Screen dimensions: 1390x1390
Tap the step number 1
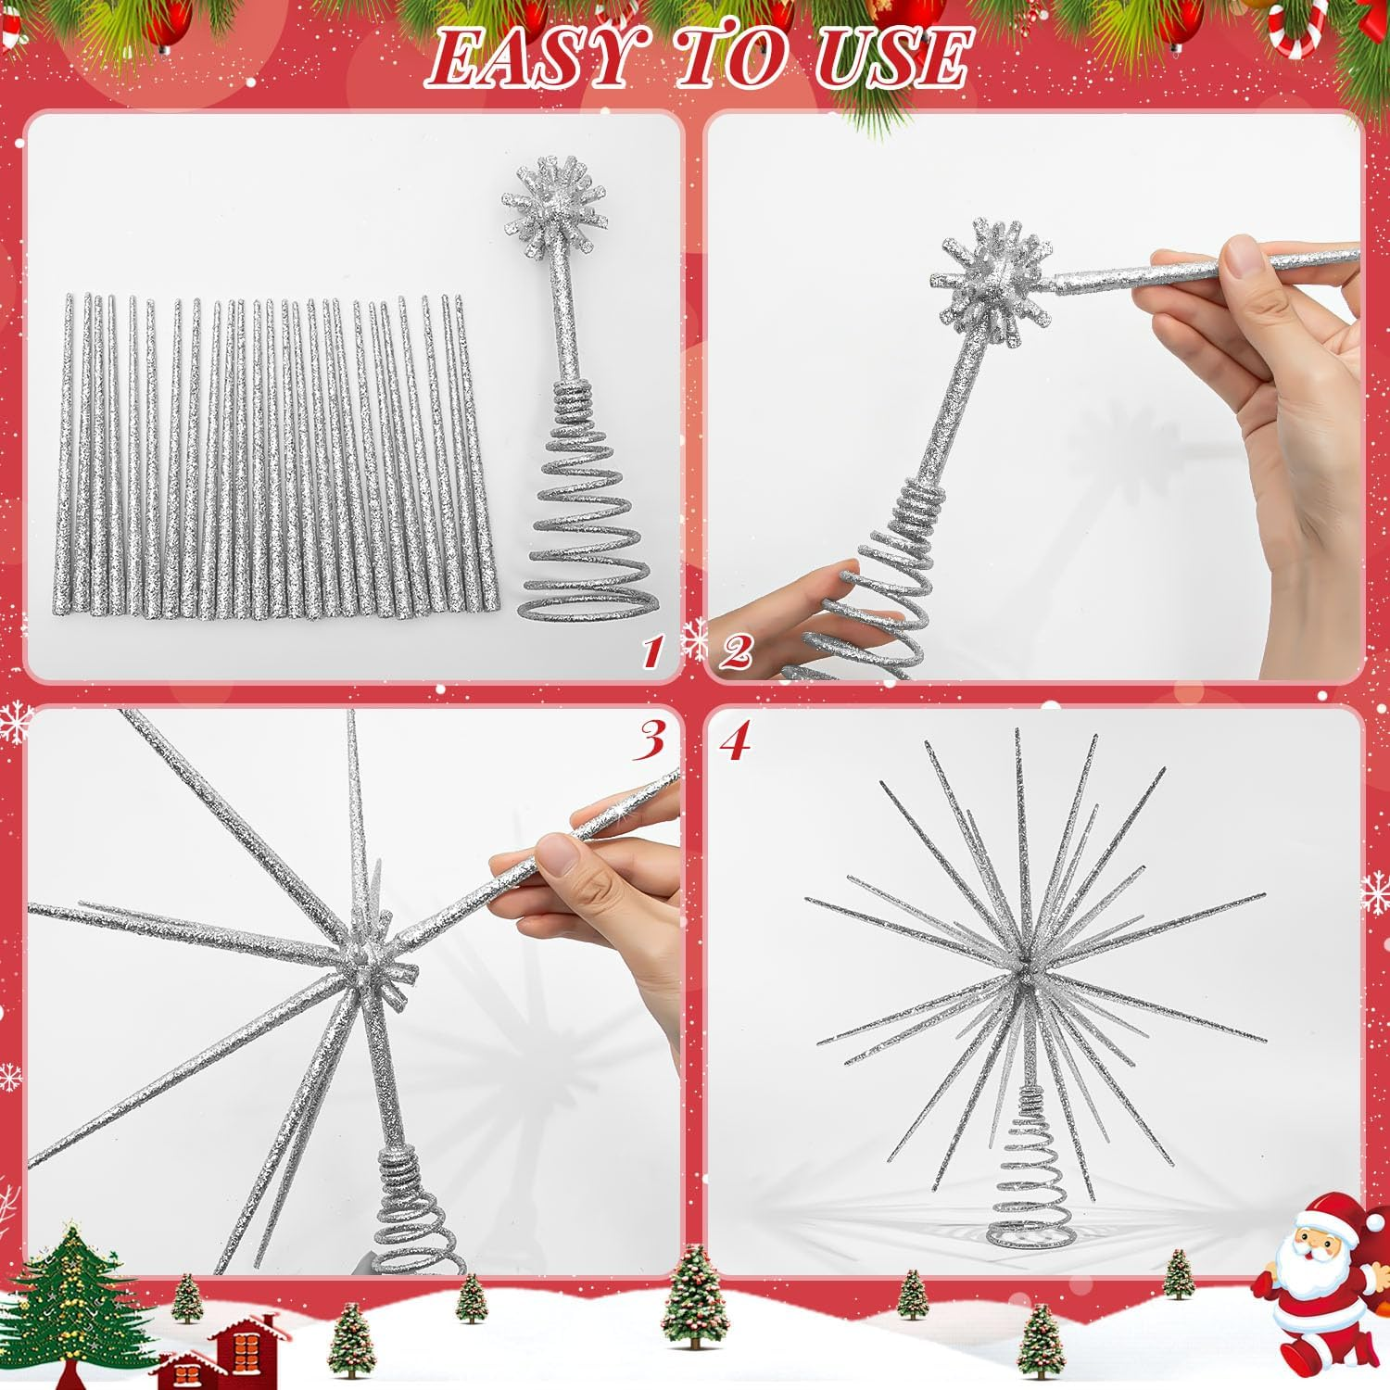(x=652, y=653)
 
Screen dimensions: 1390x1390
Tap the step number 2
(x=736, y=652)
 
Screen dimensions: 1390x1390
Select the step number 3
(x=651, y=740)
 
